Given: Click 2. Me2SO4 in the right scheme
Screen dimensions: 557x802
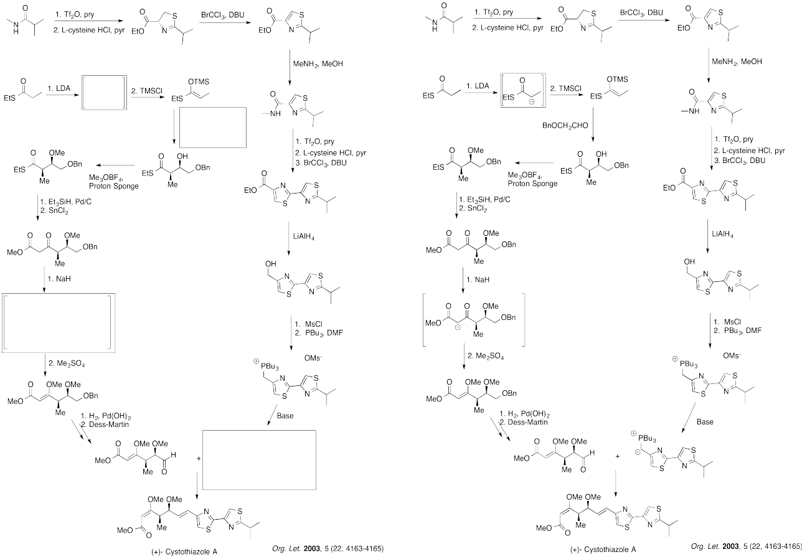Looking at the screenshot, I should coord(486,357).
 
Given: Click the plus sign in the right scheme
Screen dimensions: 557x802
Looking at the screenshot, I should coord(618,456).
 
